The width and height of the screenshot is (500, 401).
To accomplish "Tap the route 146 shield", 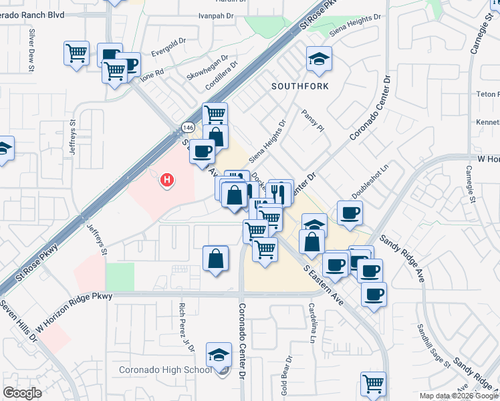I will (189, 127).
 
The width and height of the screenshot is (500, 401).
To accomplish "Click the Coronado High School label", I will (165, 370).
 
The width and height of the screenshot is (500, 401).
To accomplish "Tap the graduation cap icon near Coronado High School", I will (219, 355).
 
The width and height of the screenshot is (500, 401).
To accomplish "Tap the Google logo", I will (22, 393).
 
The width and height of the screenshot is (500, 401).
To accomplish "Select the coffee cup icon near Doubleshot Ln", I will (350, 213).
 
